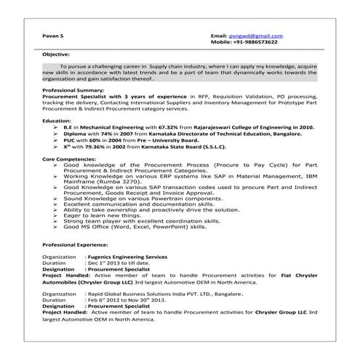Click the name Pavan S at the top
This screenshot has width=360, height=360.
tap(52, 35)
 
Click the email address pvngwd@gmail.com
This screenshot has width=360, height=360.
tap(257, 35)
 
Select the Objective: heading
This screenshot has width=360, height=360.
tap(56, 55)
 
